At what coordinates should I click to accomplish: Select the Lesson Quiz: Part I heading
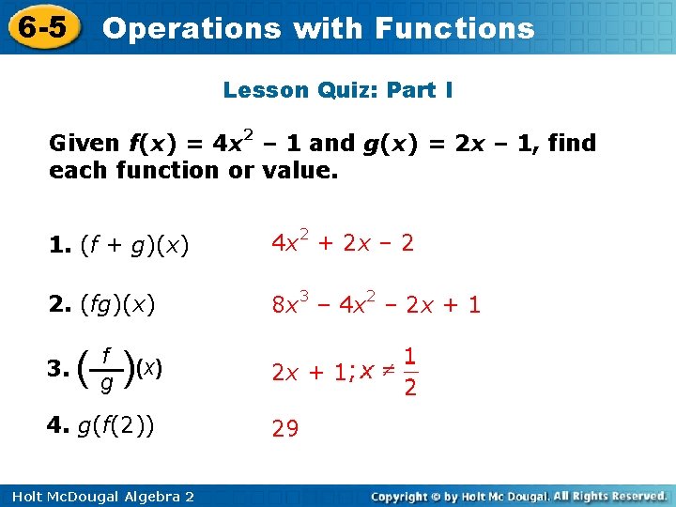click(x=338, y=90)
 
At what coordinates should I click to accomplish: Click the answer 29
click(x=284, y=429)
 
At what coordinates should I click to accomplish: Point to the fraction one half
click(x=409, y=372)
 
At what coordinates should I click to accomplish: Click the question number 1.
click(x=59, y=246)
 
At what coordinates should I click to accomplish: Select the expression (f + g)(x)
click(x=135, y=246)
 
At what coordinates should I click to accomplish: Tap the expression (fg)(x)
click(x=118, y=304)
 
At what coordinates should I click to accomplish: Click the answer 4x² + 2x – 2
click(x=342, y=243)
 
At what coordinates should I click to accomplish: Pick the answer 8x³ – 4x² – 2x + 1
click(x=376, y=303)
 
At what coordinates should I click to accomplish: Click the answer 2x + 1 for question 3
click(x=309, y=373)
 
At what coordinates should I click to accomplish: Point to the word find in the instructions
click(x=573, y=143)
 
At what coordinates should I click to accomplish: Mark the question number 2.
click(x=59, y=304)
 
